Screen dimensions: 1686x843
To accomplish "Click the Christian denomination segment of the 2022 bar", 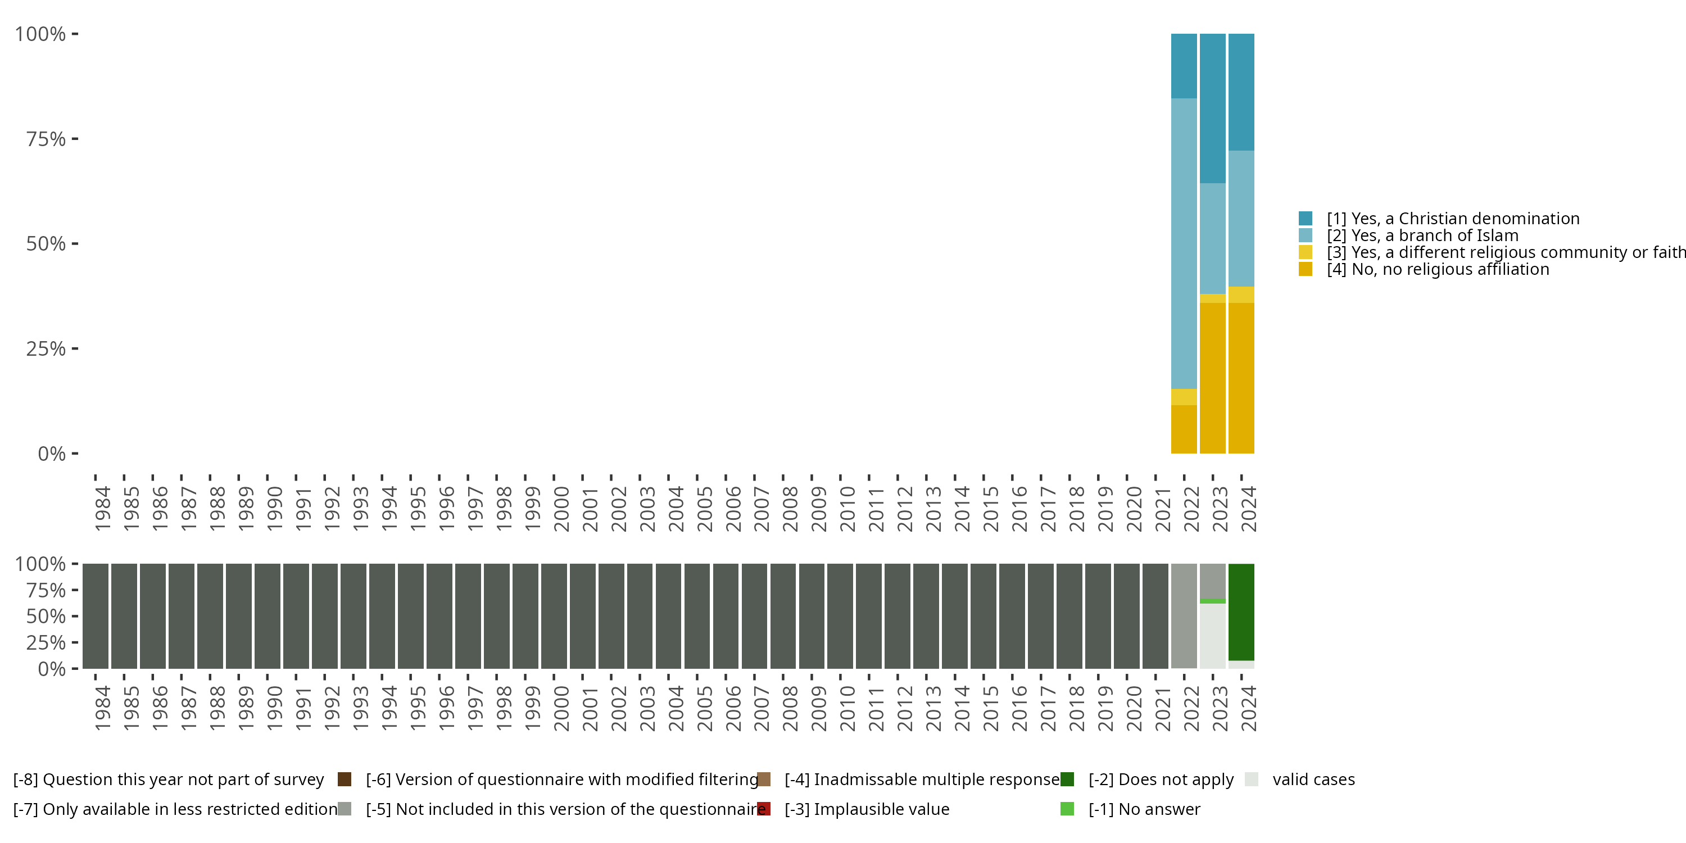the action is coord(1184,66).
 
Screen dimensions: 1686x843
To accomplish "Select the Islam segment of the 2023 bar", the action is coord(1212,239).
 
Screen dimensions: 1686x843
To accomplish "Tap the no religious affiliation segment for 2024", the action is coord(1241,378).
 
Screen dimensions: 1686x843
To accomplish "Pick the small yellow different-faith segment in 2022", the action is coord(1184,397).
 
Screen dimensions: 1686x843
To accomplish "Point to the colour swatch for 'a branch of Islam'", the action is coord(1305,235).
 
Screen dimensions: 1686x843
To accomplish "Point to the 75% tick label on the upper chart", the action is coord(46,139).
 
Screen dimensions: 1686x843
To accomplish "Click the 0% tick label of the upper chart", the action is coord(52,454).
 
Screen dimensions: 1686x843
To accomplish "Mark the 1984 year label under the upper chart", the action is coord(103,509).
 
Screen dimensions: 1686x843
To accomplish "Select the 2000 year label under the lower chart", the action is coord(561,708).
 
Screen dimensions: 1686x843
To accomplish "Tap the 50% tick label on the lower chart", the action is coord(46,616).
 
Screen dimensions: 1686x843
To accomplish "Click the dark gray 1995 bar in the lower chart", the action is coord(410,616).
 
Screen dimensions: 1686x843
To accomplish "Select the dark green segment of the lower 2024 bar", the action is coord(1241,612).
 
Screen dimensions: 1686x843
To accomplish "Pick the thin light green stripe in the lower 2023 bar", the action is coord(1212,601).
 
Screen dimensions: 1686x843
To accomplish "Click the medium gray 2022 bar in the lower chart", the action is coord(1184,616).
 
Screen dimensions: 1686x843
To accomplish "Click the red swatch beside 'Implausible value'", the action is coord(764,809).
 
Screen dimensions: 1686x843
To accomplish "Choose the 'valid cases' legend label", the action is coord(1313,779).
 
